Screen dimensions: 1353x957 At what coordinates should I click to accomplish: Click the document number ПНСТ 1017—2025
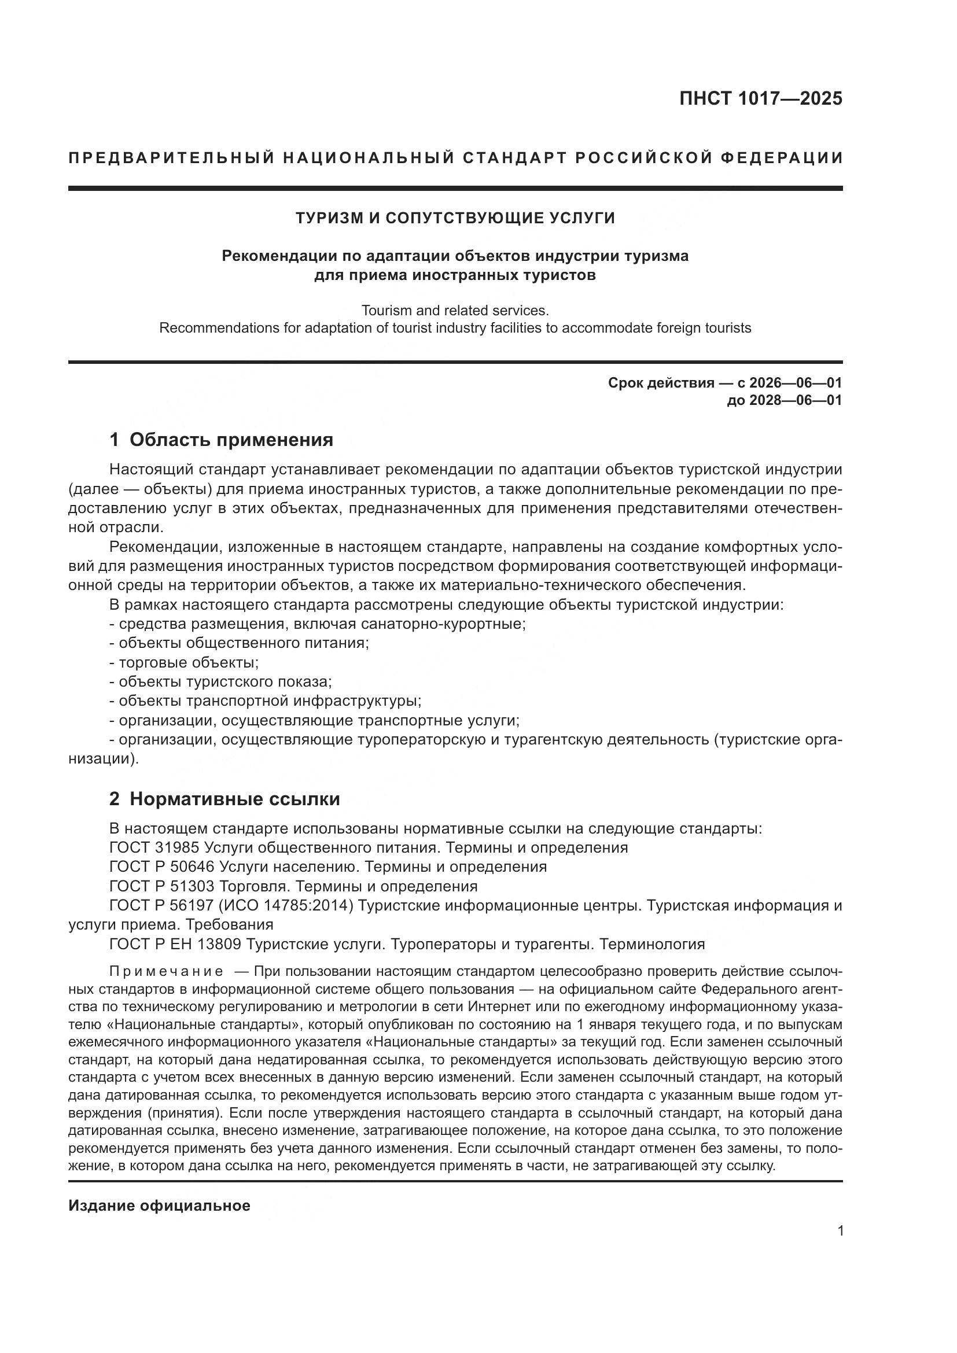760,98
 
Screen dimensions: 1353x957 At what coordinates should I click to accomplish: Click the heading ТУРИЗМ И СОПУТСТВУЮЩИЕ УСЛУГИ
455,218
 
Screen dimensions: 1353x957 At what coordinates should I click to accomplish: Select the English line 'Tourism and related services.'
455,310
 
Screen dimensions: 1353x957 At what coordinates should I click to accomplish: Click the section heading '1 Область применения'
222,440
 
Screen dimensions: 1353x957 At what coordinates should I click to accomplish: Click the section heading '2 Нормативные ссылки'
224,799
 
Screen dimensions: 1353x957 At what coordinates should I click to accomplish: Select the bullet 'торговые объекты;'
189,662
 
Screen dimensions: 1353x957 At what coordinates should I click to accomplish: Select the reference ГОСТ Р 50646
163,867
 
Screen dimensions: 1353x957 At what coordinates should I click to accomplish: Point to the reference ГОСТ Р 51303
163,886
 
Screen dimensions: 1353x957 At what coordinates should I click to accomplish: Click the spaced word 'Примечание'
166,972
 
